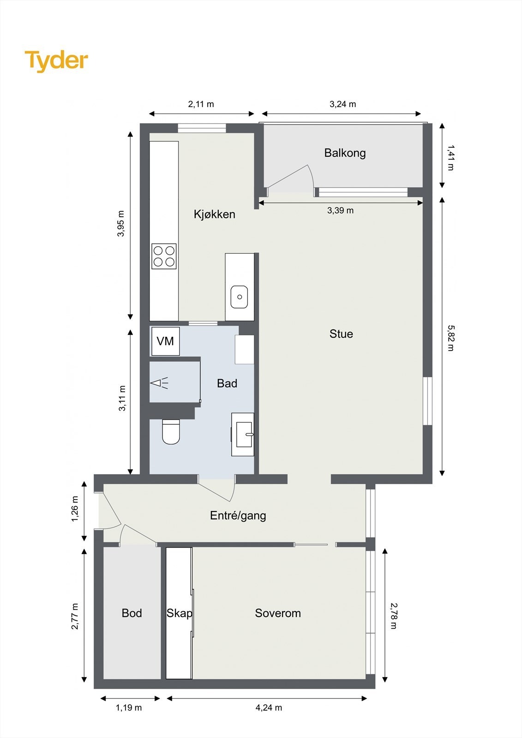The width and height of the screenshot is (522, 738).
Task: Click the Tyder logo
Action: (x=56, y=61)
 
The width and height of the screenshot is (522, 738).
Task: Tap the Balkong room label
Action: (x=345, y=153)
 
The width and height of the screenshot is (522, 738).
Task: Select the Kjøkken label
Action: (x=214, y=214)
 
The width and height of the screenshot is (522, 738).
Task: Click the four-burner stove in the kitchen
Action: (x=164, y=256)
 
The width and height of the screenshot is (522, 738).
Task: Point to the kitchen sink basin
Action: (x=239, y=297)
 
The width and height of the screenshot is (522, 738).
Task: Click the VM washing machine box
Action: (x=165, y=341)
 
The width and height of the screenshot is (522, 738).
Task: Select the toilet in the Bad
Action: (x=171, y=432)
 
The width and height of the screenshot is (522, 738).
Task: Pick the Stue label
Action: (x=341, y=334)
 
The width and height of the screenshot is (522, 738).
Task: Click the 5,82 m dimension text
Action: (x=450, y=338)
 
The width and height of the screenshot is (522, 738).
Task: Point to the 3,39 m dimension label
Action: (x=340, y=211)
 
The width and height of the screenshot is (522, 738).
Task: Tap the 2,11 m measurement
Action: (x=201, y=104)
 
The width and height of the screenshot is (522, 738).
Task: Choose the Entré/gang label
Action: (x=238, y=516)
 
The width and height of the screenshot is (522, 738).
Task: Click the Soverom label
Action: (x=278, y=613)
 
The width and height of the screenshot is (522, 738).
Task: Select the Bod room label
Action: (x=132, y=613)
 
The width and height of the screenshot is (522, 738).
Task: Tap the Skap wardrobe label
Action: (x=179, y=613)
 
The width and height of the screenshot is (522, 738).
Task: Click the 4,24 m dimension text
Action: (x=269, y=708)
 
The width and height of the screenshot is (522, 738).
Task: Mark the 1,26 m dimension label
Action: (x=75, y=510)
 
